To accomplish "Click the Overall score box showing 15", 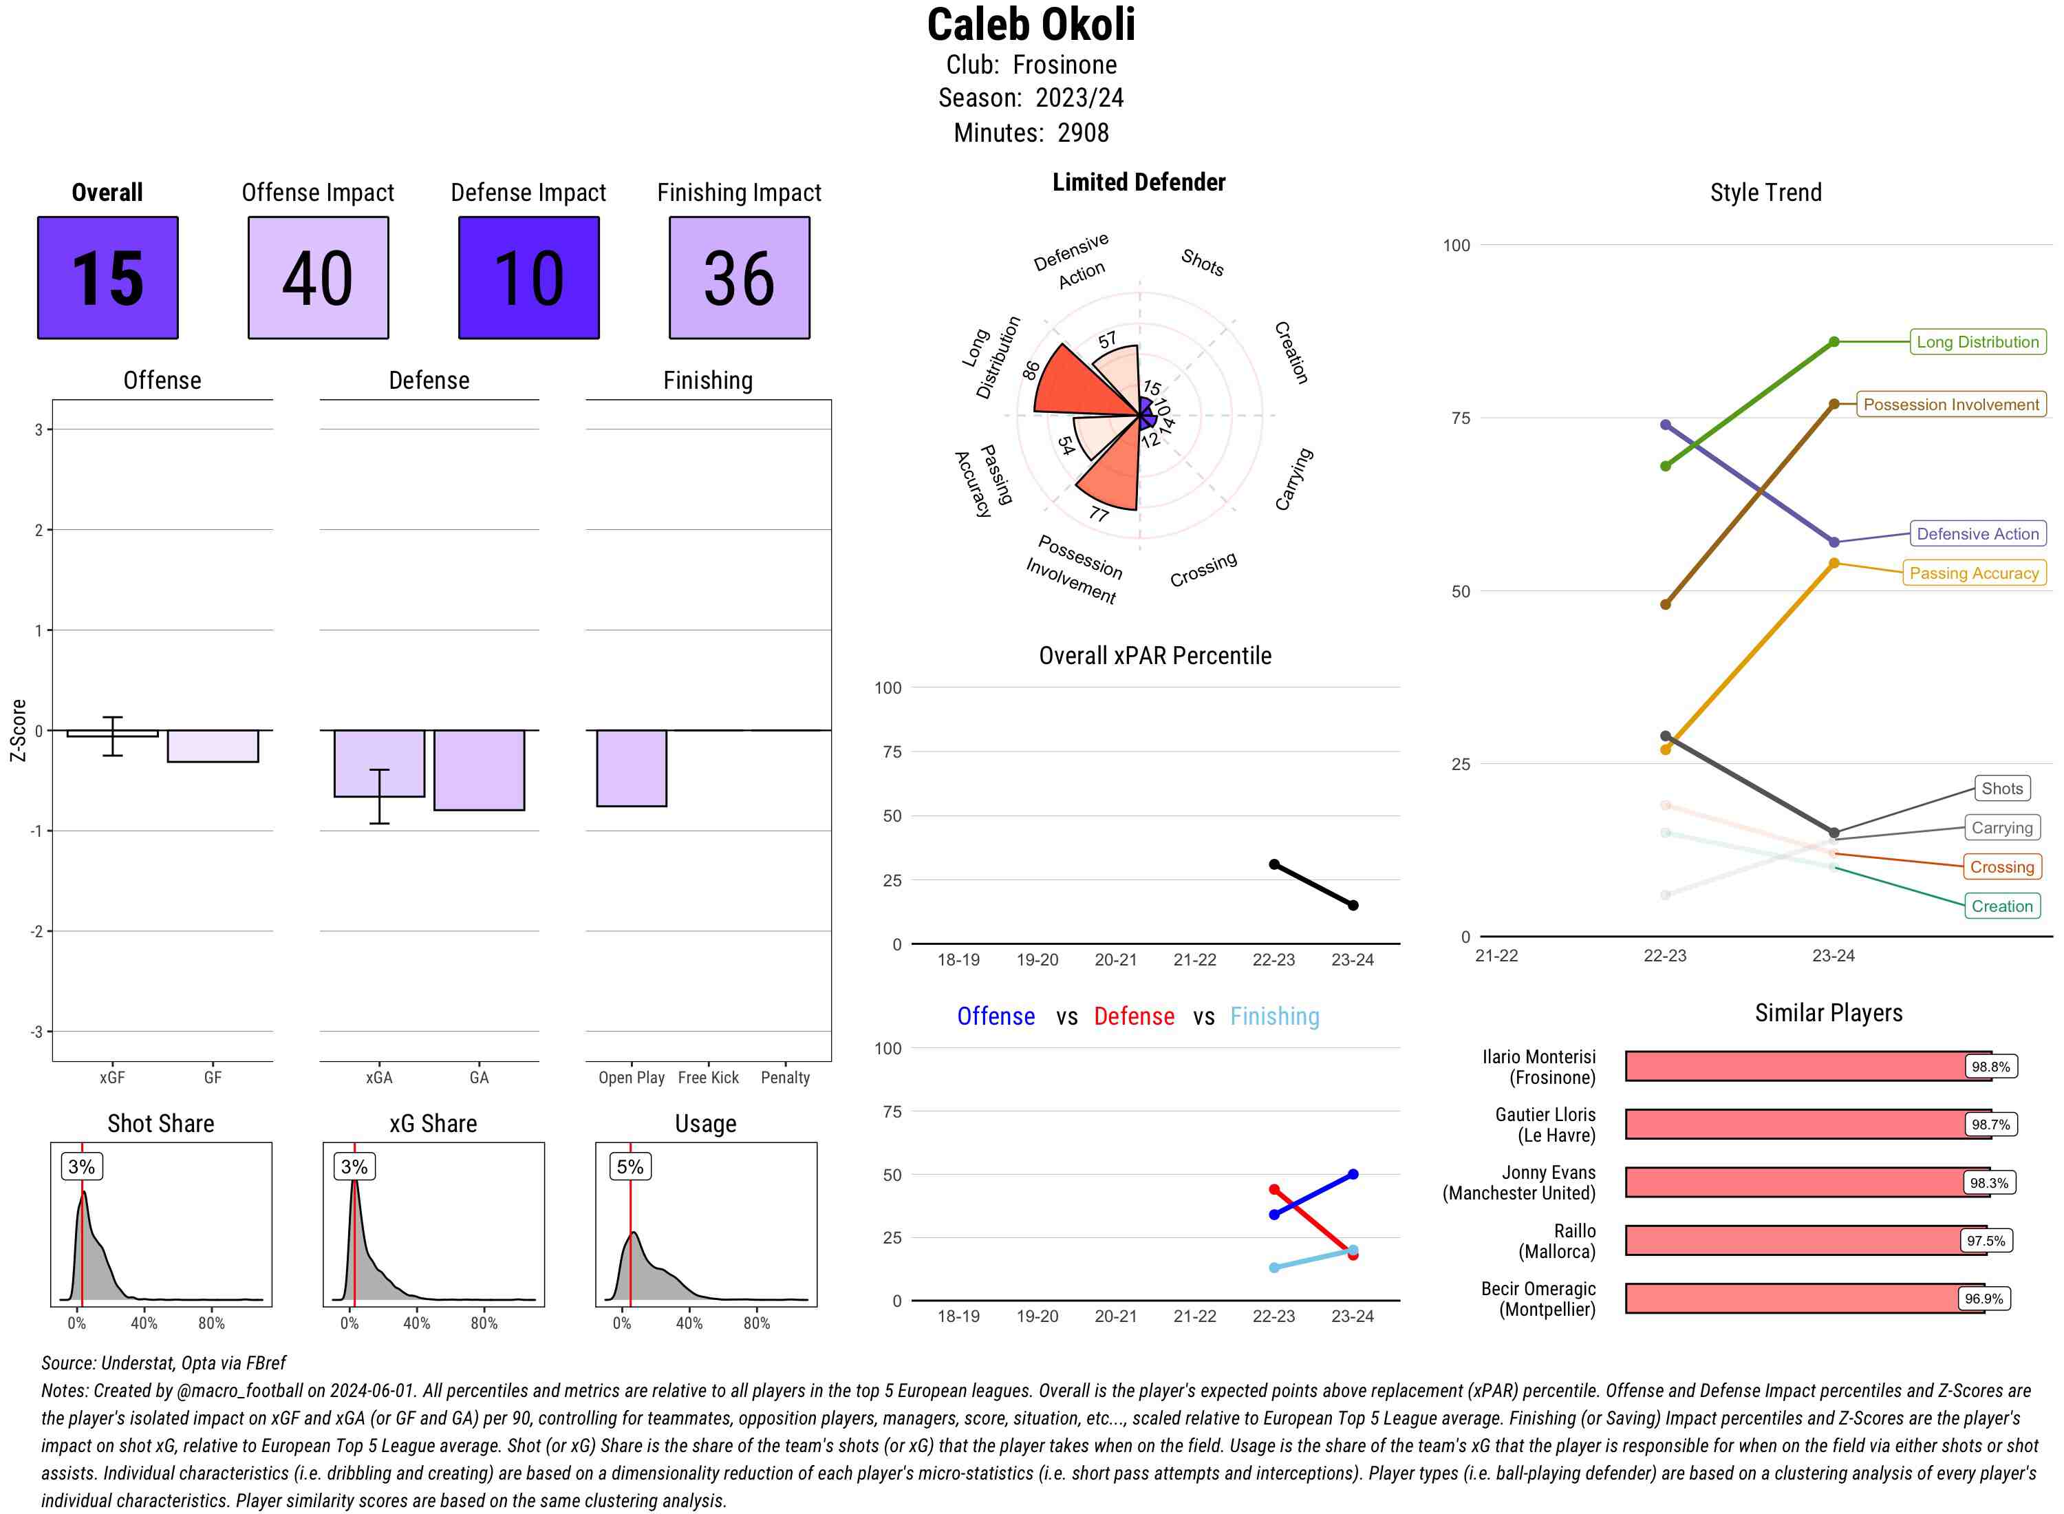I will (x=107, y=278).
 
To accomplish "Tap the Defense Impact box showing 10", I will (x=528, y=278).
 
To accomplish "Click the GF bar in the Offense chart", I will (x=213, y=746).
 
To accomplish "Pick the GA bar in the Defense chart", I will (x=479, y=770).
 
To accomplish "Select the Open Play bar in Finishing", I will (x=631, y=768).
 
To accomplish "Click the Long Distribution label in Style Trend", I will (x=1977, y=342).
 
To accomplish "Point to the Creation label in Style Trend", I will (x=2001, y=906).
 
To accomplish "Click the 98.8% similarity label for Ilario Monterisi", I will (x=1990, y=1067).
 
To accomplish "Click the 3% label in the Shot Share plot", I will (x=82, y=1166).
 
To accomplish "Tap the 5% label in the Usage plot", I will (x=630, y=1166).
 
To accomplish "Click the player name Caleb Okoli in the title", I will (x=1031, y=25).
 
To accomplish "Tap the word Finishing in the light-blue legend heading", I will (x=1274, y=1016).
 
